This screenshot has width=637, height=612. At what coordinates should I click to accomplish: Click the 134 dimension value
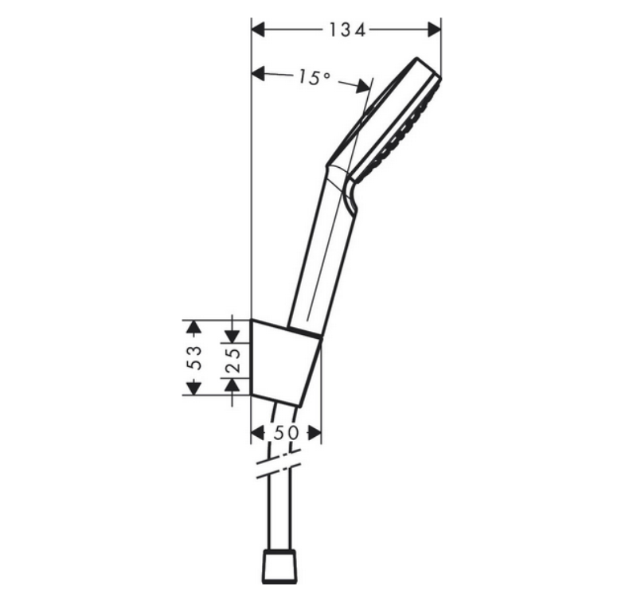[347, 29]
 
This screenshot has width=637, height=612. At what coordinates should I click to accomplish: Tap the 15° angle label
[315, 77]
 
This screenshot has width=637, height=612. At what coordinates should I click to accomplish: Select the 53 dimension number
[195, 357]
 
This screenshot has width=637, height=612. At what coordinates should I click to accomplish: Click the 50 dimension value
[287, 433]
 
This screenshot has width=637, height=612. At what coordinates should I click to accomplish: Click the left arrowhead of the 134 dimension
[258, 29]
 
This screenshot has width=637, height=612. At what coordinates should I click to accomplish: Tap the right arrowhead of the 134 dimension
[435, 29]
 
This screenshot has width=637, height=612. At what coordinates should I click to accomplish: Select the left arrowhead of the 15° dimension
[258, 74]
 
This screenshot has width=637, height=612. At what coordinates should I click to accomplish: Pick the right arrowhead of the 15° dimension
[363, 86]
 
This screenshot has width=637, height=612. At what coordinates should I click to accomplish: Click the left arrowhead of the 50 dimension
[258, 433]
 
